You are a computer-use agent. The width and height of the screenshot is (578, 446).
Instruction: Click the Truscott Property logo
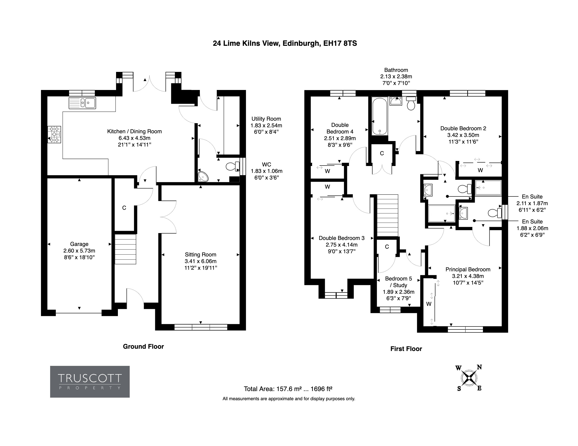click(x=90, y=381)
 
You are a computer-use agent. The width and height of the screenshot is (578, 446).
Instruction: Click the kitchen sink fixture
click(x=82, y=103)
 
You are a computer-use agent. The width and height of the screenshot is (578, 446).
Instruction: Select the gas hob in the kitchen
click(x=54, y=134)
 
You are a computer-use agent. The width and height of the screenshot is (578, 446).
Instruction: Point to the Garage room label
click(x=79, y=250)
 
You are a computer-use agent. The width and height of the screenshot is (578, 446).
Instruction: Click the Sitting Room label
click(x=201, y=261)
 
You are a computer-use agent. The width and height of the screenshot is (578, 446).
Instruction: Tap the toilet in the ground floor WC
click(x=232, y=166)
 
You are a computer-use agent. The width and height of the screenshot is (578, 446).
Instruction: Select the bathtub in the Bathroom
click(x=380, y=116)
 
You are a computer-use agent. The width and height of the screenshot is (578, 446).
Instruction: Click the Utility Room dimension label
click(x=266, y=125)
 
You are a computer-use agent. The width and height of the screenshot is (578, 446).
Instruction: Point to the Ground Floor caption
click(x=144, y=346)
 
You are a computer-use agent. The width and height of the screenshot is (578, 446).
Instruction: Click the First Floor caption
click(x=406, y=349)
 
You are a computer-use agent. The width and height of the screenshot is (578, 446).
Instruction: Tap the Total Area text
click(x=288, y=389)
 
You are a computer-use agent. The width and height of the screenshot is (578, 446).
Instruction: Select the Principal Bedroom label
click(x=468, y=276)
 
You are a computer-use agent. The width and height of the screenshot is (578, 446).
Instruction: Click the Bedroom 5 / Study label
click(x=399, y=288)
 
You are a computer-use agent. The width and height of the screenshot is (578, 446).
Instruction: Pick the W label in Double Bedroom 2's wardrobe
click(x=480, y=170)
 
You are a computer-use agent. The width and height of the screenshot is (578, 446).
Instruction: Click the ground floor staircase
click(x=125, y=249)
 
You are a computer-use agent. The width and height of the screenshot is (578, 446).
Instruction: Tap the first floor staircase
click(x=388, y=215)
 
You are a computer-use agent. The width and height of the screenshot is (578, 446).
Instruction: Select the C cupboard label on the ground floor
click(x=124, y=208)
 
